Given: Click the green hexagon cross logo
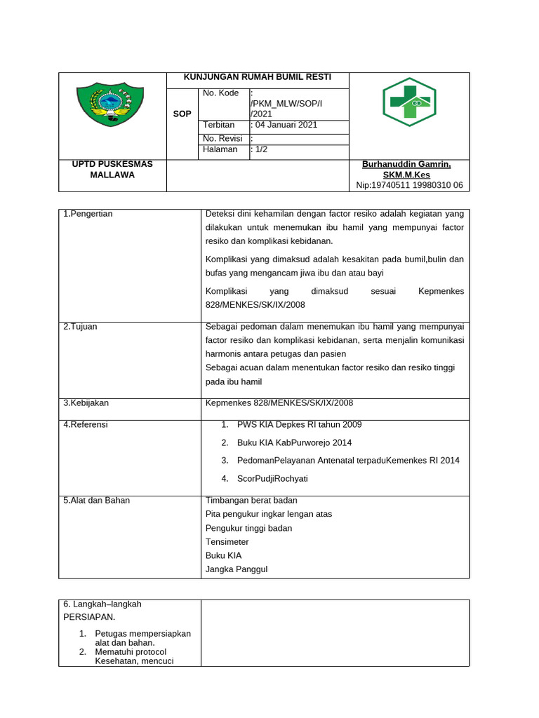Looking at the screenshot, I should pyautogui.click(x=409, y=102).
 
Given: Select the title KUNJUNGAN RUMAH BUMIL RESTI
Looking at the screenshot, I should pyautogui.click(x=257, y=77).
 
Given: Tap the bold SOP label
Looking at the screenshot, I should pyautogui.click(x=182, y=114).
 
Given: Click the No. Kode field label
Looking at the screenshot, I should pyautogui.click(x=220, y=93).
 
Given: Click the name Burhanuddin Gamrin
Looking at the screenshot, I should pyautogui.click(x=406, y=164).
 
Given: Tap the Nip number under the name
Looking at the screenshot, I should pyautogui.click(x=409, y=185).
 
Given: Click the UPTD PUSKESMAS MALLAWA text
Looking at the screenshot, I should pyautogui.click(x=112, y=169).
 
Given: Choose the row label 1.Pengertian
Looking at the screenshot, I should pyautogui.click(x=88, y=214).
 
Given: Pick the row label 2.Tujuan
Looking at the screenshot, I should pyautogui.click(x=79, y=327).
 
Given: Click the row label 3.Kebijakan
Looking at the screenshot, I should pyautogui.click(x=86, y=403).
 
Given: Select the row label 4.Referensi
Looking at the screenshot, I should pyautogui.click(x=86, y=424).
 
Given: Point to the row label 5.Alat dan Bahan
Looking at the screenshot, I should pyautogui.click(x=96, y=501).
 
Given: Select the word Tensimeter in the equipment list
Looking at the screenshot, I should pyautogui.click(x=227, y=542).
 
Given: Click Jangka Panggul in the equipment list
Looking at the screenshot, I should pyautogui.click(x=237, y=569).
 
